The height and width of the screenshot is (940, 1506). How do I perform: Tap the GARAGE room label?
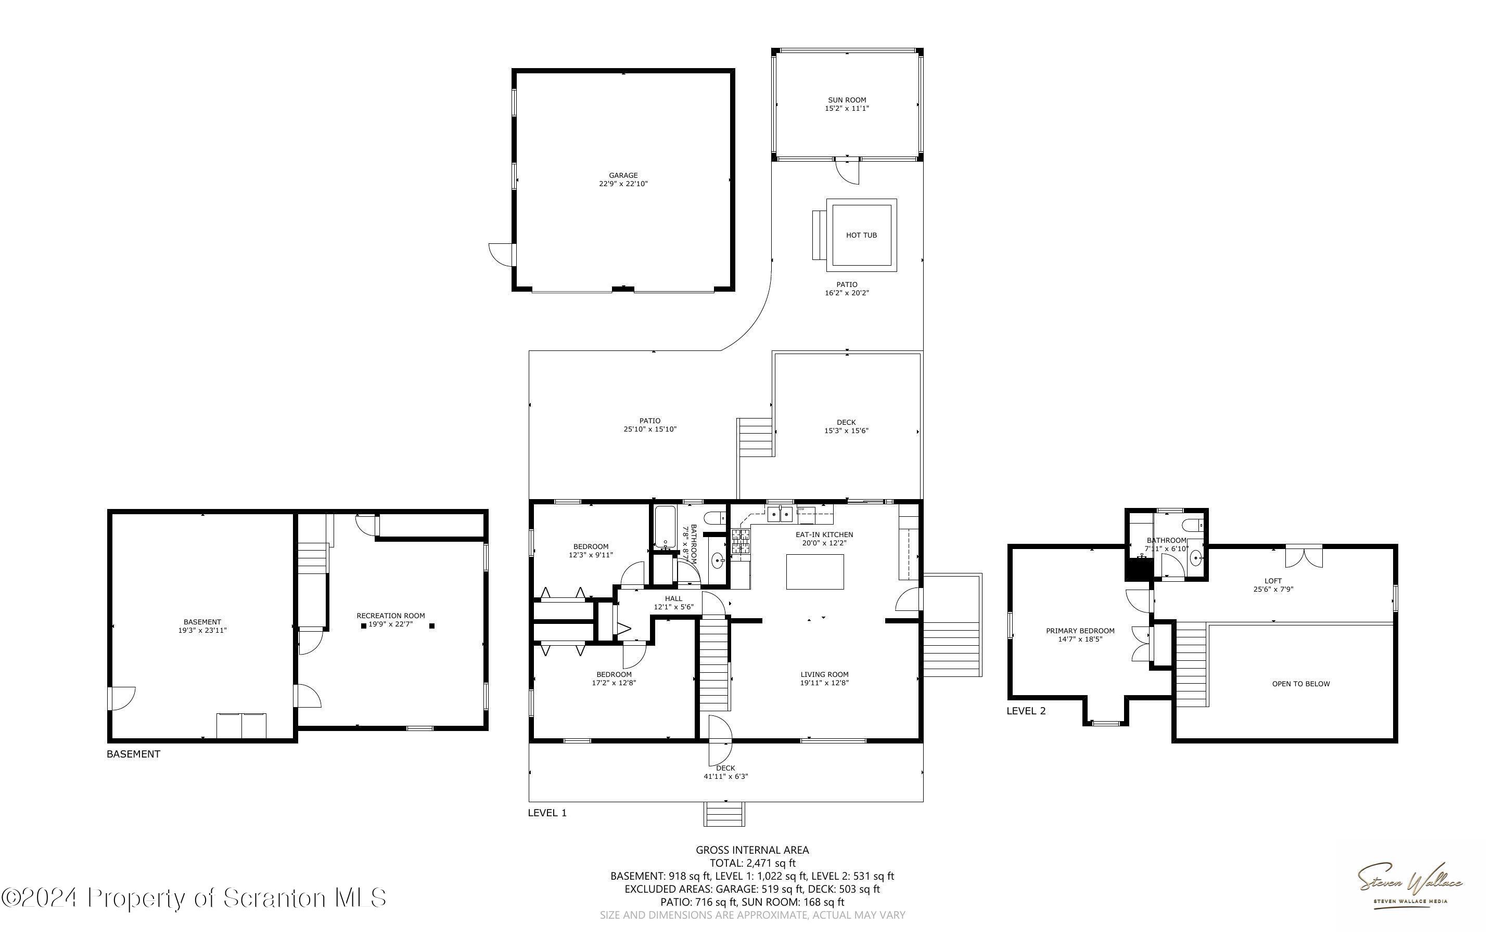(x=623, y=175)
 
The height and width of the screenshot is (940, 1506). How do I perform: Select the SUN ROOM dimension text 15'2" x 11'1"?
(x=847, y=108)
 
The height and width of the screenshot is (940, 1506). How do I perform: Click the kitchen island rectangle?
(x=815, y=571)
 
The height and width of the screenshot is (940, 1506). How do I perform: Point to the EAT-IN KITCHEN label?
(x=824, y=534)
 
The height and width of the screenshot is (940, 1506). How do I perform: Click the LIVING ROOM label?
(x=824, y=674)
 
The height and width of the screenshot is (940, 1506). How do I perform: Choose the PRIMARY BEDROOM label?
(x=1080, y=631)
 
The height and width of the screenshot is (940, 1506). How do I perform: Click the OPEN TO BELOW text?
(x=1301, y=684)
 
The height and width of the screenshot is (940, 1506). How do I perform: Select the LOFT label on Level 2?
(x=1273, y=581)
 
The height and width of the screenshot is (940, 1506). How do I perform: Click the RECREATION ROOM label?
(x=391, y=616)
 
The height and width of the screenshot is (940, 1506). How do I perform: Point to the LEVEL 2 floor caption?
(x=1026, y=711)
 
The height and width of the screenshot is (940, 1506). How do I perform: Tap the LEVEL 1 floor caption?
(x=547, y=813)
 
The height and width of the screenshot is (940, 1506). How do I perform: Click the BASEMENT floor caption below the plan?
(x=133, y=754)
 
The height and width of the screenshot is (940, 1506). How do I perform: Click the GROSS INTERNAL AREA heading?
(x=752, y=850)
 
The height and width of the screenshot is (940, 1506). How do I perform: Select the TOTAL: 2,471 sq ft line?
(x=752, y=863)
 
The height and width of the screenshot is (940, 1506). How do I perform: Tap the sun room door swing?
(x=847, y=172)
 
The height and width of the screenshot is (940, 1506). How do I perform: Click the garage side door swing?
(x=501, y=254)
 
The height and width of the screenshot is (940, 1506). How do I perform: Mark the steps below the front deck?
(x=724, y=814)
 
